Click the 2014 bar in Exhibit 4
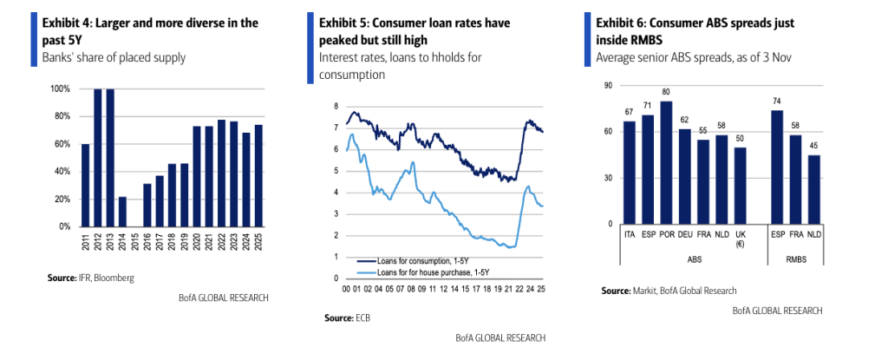tap(122, 211)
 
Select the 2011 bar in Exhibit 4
tap(85, 185)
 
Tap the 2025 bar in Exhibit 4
tap(258, 175)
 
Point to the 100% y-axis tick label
tap(60, 89)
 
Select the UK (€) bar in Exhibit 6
tap(741, 186)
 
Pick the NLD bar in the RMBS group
tap(814, 189)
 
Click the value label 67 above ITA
tap(630, 113)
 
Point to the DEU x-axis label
tap(685, 233)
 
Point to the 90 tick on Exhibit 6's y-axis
tap(607, 85)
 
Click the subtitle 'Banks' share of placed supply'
tap(114, 57)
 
